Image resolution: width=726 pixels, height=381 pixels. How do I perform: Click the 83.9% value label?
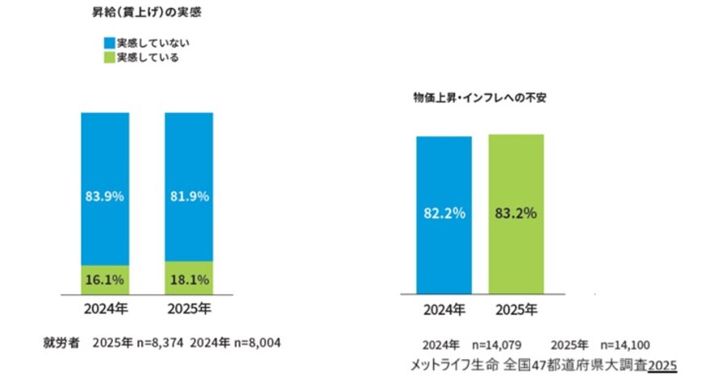(105, 196)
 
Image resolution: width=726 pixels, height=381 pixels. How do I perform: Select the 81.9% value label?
(189, 196)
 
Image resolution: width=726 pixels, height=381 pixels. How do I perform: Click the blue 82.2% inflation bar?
(444, 213)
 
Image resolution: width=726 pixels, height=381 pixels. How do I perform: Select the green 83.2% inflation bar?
(516, 213)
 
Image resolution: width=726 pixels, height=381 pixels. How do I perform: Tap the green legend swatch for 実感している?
(108, 58)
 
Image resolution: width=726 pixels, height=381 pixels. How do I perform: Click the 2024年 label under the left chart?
(105, 309)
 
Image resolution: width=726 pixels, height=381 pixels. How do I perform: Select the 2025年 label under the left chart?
(189, 309)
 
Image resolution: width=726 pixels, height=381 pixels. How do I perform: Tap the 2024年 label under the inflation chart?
(444, 309)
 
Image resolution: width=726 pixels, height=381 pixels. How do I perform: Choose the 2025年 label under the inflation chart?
(516, 309)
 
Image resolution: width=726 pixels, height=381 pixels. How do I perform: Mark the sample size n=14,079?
(502, 344)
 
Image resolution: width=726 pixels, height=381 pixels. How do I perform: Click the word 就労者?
(61, 342)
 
